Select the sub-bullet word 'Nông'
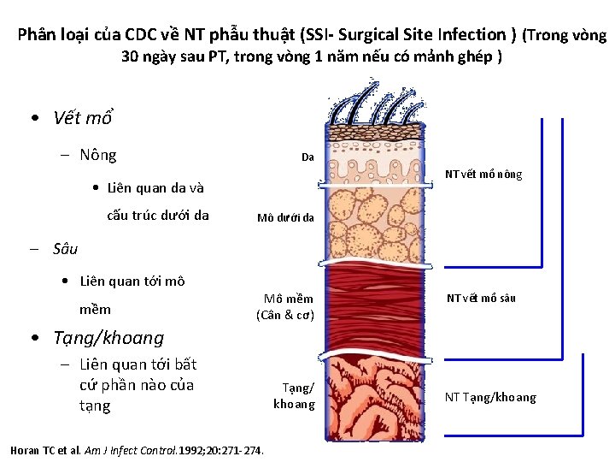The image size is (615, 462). coord(97,155)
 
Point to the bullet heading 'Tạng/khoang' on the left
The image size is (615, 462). coord(108,337)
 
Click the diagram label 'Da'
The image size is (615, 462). coord(307,157)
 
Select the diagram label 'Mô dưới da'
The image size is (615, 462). coord(285,217)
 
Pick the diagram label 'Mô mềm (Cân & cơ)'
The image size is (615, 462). coord(285,307)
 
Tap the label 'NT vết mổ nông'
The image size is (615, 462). coord(483,175)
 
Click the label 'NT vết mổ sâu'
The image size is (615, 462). coord(482,299)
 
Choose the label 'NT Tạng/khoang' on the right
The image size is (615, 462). coord(490,397)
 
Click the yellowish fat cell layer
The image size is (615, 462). coord(376,223)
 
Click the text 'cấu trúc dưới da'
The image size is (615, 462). coord(157,215)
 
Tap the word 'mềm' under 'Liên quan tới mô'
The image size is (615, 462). coord(95,309)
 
